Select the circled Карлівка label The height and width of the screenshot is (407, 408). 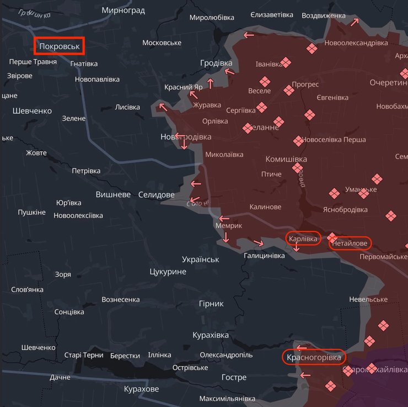coord(303,239)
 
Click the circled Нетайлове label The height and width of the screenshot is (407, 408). coord(350,242)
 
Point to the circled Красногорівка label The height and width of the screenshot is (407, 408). coord(314,357)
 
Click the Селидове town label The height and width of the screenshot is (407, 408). coord(156,194)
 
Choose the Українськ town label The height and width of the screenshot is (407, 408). coord(201,259)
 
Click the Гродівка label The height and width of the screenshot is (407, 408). coord(216,63)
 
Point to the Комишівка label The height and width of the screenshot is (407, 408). coord(286,159)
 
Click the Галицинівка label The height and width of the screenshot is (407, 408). coord(264,256)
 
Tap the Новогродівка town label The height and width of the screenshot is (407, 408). coord(185,136)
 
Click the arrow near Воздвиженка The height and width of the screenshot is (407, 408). coord(355,23)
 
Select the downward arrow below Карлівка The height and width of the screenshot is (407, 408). coord(297,248)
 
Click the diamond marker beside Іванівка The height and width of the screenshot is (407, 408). coord(285,62)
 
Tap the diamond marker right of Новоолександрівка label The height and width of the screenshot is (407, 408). coord(312,50)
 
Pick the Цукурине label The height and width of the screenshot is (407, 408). coord(168,272)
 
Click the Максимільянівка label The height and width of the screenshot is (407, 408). coord(227,399)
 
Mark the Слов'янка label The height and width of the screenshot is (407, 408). coord(27,289)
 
